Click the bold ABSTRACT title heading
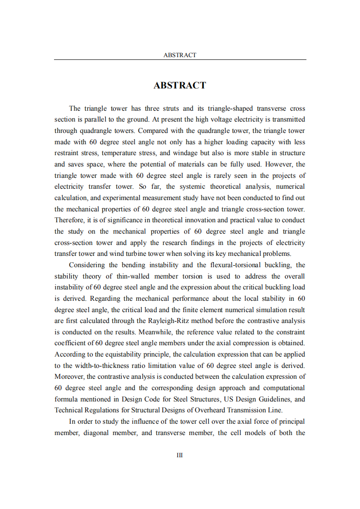(x=180, y=85)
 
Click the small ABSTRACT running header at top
(x=180, y=55)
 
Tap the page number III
(x=180, y=455)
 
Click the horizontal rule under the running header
(x=180, y=60)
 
